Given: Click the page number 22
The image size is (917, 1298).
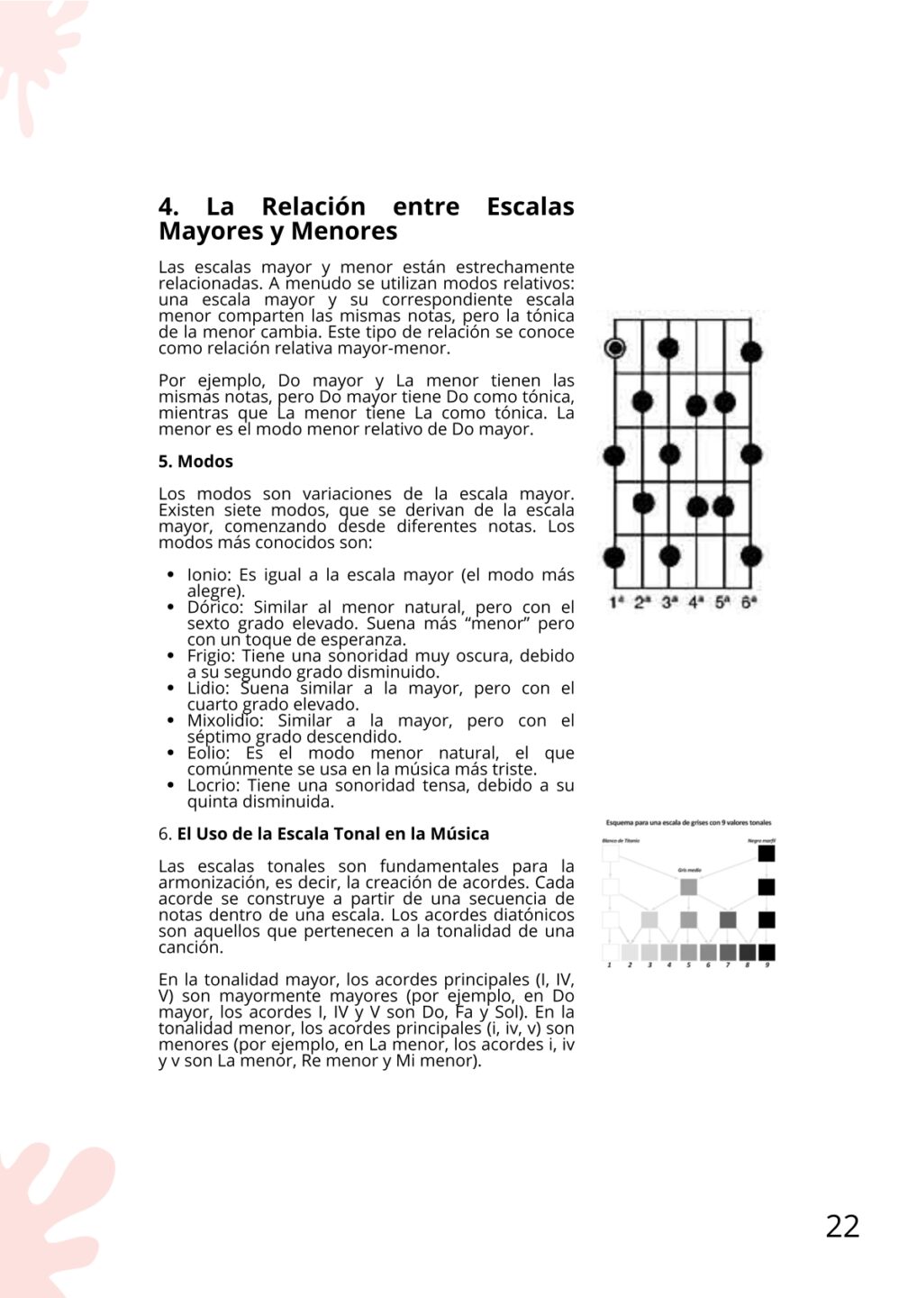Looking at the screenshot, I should pyautogui.click(x=842, y=1226).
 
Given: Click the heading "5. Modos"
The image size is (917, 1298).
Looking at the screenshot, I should pyautogui.click(x=195, y=462).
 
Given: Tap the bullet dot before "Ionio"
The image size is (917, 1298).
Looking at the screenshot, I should pyautogui.click(x=171, y=575).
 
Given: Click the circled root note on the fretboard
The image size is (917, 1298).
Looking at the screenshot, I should pyautogui.click(x=615, y=348).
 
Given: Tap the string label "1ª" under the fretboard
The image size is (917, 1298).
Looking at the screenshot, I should pyautogui.click(x=617, y=601).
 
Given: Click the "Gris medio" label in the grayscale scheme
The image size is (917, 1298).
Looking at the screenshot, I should pyautogui.click(x=689, y=871).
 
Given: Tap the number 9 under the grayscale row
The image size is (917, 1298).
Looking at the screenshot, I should pyautogui.click(x=767, y=965).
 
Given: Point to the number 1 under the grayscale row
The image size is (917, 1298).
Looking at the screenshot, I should pyautogui.click(x=610, y=965).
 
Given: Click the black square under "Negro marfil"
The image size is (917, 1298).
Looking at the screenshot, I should pyautogui.click(x=767, y=853).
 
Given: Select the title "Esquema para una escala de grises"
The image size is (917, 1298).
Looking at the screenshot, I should pyautogui.click(x=688, y=823).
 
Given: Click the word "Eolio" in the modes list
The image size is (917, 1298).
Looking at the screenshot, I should pyautogui.click(x=208, y=754).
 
